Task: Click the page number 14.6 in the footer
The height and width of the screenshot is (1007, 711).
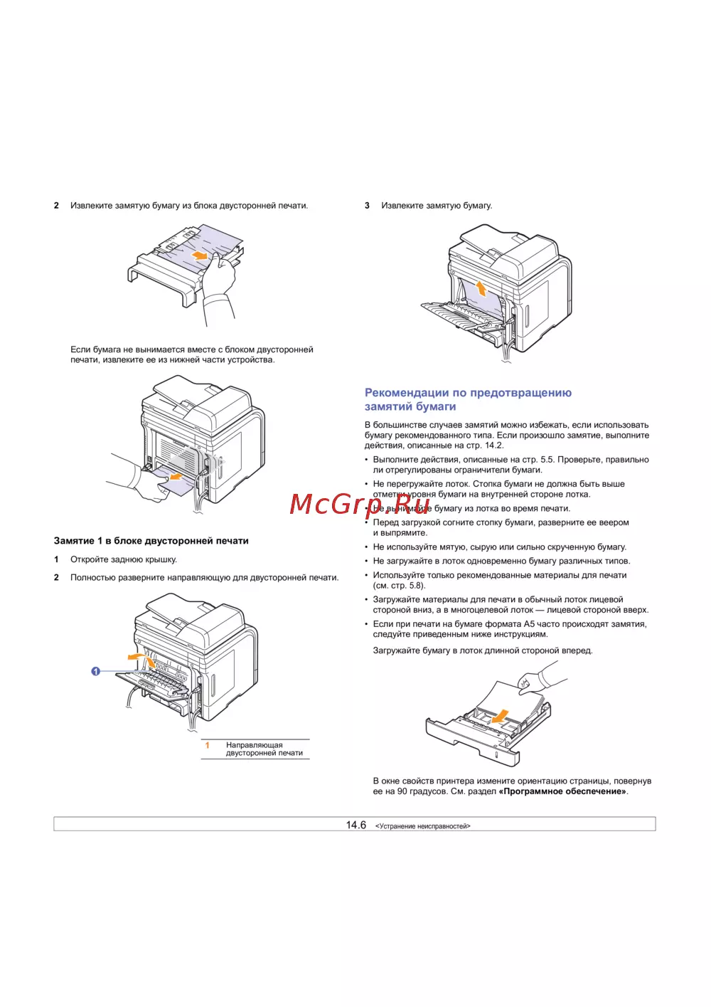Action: [355, 825]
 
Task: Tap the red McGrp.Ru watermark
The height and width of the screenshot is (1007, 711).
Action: [360, 504]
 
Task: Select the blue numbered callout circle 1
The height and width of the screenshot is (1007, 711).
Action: [96, 671]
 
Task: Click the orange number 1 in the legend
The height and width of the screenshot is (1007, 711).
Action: [208, 745]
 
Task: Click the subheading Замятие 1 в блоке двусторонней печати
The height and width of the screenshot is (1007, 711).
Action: [151, 541]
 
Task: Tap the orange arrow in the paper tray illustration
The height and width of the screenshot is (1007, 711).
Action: [501, 715]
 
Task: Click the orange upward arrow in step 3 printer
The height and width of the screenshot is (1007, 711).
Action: [481, 288]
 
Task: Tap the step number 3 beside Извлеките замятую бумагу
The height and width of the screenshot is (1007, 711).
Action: [367, 206]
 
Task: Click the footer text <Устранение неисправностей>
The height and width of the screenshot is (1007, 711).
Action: [422, 826]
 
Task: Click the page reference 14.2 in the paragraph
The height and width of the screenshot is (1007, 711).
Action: [493, 445]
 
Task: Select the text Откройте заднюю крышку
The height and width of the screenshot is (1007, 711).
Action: [124, 559]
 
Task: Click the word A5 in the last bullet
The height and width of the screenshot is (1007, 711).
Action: [529, 624]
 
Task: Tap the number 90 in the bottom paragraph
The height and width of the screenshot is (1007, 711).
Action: [402, 791]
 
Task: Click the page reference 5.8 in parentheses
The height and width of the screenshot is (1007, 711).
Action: [416, 586]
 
